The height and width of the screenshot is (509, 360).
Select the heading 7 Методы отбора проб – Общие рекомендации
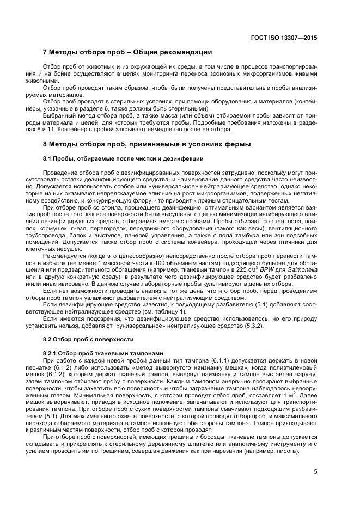tap(127, 53)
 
